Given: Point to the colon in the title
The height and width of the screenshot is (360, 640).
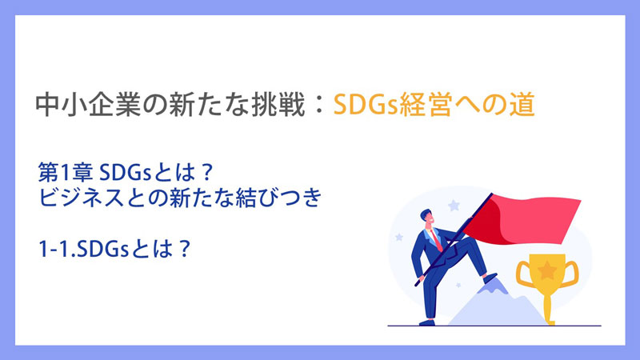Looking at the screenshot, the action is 319,105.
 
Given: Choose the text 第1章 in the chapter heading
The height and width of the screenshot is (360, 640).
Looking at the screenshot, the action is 66,172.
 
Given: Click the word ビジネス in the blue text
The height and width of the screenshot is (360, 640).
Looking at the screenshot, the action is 81,198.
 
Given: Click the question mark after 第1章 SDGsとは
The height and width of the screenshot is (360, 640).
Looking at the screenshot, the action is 207,173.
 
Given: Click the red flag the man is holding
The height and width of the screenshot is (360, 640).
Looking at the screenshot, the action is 522,219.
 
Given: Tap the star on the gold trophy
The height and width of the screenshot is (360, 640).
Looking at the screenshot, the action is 547,270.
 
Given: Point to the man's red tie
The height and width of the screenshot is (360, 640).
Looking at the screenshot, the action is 436,240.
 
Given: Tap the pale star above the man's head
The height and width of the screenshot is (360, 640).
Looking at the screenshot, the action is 454,205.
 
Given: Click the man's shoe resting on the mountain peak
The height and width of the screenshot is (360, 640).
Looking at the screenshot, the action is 490,278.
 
